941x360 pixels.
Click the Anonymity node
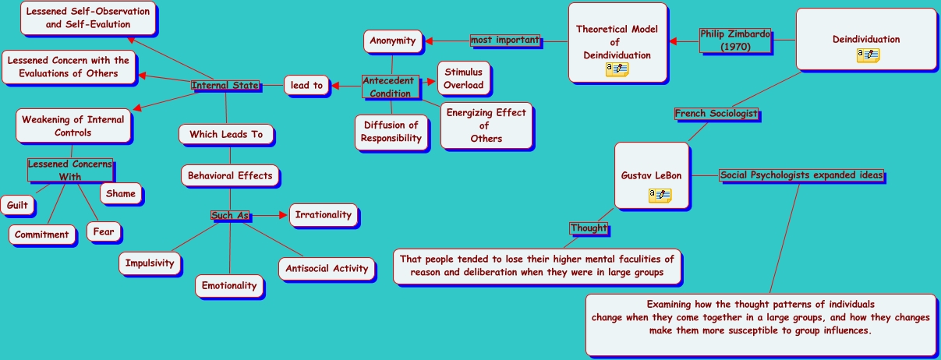393,41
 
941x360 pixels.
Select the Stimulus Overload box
464,79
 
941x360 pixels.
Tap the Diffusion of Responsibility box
391,132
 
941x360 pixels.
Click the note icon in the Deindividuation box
868,55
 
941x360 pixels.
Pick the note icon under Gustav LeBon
660,195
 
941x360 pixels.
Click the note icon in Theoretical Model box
617,70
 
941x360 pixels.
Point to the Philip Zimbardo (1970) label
734,40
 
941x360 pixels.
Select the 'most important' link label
505,40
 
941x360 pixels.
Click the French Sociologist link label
716,114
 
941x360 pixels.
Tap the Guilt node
17,206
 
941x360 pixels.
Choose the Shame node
121,194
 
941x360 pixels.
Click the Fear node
104,232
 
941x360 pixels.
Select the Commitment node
42,235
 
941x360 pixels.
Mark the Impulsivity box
150,263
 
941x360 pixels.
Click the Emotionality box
229,286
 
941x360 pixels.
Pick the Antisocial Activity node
327,269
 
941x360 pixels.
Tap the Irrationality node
324,215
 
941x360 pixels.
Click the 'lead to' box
307,86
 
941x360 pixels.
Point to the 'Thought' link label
589,228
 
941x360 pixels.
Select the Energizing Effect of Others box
486,125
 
